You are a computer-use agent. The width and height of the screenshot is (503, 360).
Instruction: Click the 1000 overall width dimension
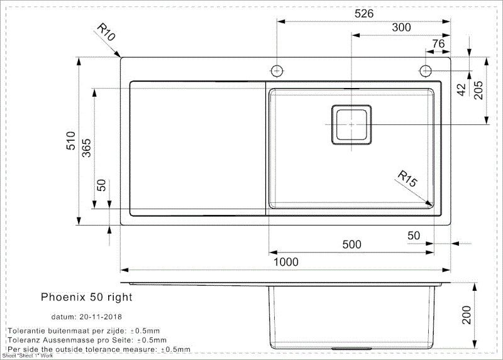click(x=285, y=262)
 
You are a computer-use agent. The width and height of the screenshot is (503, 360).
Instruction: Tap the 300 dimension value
click(x=401, y=28)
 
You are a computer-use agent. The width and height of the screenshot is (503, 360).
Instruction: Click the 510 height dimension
click(x=71, y=139)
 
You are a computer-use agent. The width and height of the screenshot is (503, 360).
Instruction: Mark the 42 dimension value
click(x=462, y=89)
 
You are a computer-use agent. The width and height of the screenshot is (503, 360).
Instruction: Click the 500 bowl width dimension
click(x=351, y=244)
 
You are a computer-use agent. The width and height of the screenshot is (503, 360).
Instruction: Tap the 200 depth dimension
click(x=466, y=315)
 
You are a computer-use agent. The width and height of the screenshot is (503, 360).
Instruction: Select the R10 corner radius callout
click(x=106, y=33)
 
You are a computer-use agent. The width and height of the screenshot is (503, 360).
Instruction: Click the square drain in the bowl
click(x=351, y=125)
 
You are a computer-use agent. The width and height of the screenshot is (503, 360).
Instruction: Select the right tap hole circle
click(x=425, y=69)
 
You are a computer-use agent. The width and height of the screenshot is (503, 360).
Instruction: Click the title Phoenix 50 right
click(x=87, y=296)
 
